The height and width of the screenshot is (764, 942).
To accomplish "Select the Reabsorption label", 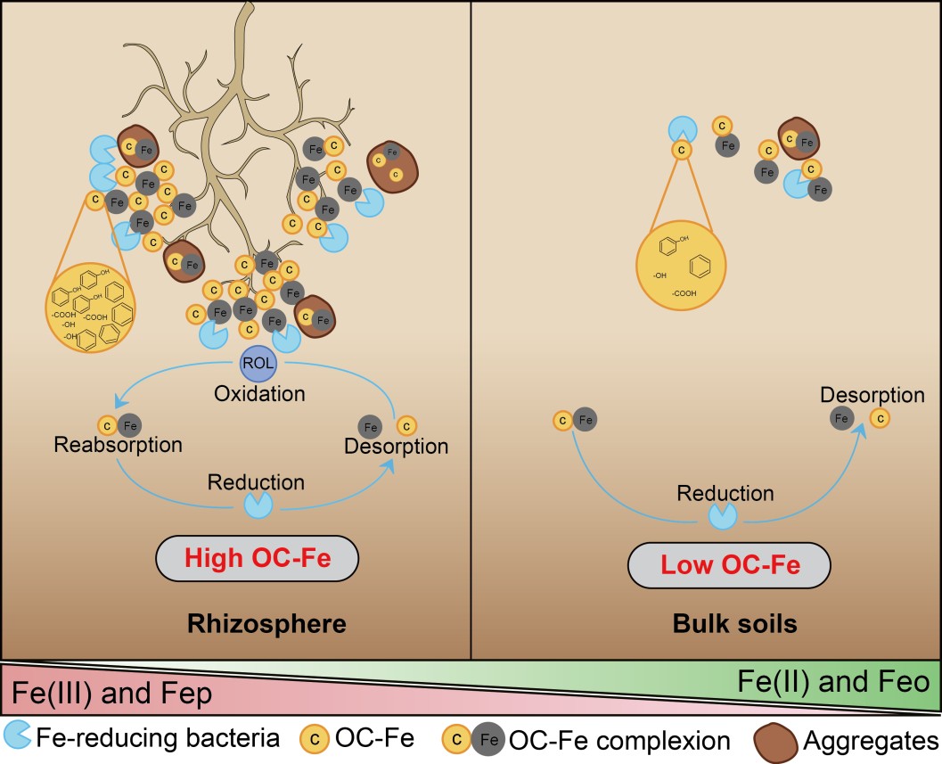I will [x=118, y=445].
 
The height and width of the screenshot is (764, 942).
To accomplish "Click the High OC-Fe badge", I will [x=257, y=559].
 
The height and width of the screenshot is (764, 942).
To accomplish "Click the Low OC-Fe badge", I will [x=729, y=564].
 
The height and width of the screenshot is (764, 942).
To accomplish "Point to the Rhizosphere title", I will [x=266, y=623].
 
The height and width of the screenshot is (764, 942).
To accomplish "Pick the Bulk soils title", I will [x=734, y=624].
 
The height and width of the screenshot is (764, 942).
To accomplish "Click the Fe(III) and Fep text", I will [x=111, y=694].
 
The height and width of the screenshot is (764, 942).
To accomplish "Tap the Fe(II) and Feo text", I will [x=834, y=683].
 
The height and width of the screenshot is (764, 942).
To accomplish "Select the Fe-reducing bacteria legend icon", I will [x=18, y=735].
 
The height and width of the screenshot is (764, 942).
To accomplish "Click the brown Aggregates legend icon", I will [x=775, y=740].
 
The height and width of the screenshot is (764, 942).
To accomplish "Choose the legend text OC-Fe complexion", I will [x=619, y=740].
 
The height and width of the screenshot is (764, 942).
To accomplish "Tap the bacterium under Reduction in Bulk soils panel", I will [x=723, y=514].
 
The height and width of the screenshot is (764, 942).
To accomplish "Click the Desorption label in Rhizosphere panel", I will [x=396, y=446].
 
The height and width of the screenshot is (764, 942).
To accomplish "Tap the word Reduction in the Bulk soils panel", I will [x=725, y=493].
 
